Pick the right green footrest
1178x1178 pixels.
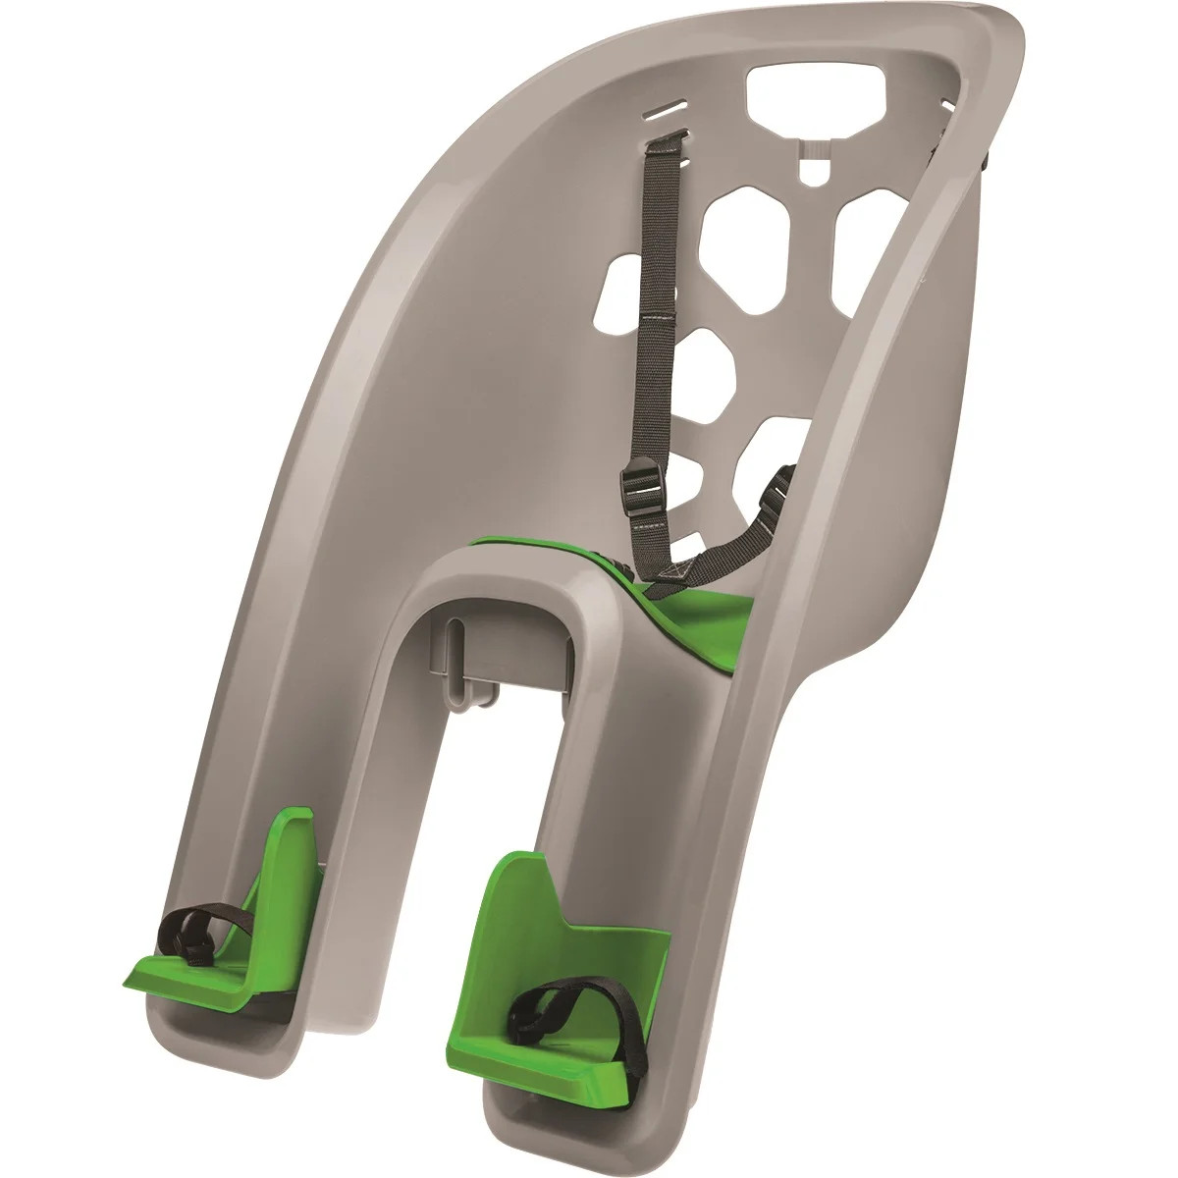click(550, 942)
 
